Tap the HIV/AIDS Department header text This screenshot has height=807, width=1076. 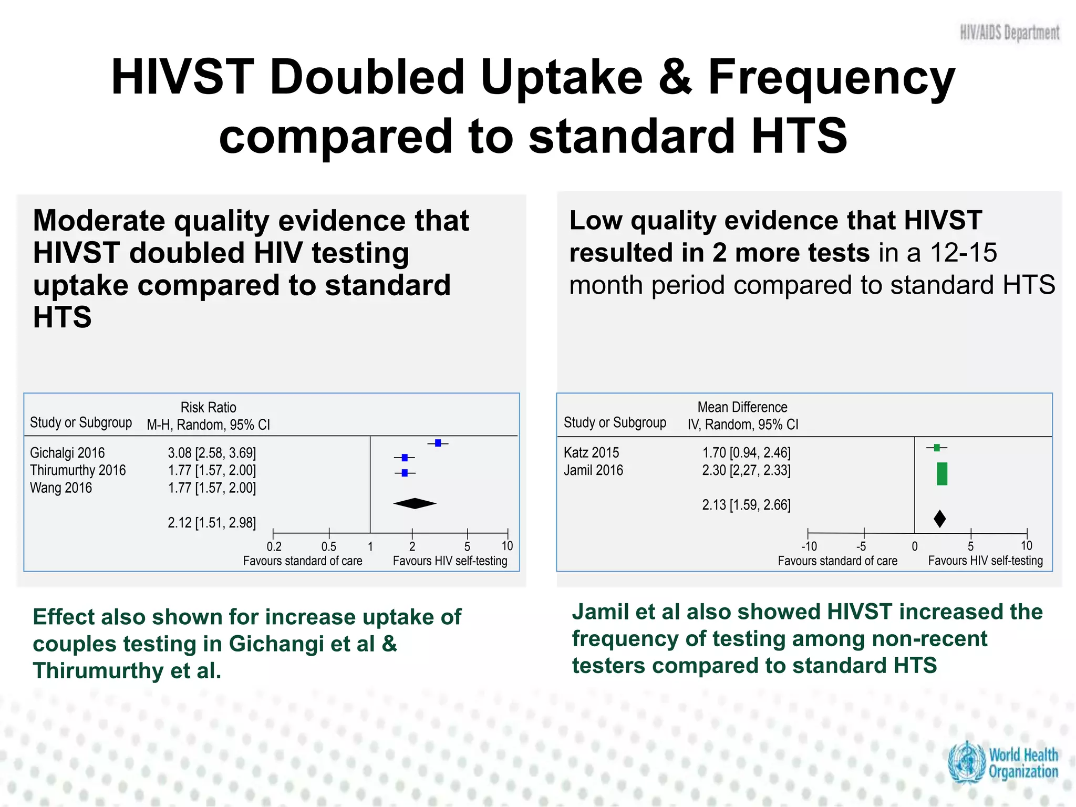pyautogui.click(x=1009, y=33)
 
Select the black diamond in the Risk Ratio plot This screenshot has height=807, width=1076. pyautogui.click(x=415, y=503)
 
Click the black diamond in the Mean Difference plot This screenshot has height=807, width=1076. pyautogui.click(x=940, y=519)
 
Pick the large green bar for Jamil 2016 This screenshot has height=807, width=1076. pyautogui.click(x=942, y=474)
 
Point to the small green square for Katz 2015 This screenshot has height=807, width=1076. pyautogui.click(x=937, y=448)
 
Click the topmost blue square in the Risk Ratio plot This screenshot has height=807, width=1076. pyautogui.click(x=438, y=443)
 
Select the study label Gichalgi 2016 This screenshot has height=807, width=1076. pyautogui.click(x=67, y=453)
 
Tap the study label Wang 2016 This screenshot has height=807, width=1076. pyautogui.click(x=61, y=488)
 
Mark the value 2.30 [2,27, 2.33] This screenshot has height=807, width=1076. pyautogui.click(x=746, y=470)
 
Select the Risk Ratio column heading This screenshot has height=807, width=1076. pyautogui.click(x=208, y=408)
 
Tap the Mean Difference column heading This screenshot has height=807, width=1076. pyautogui.click(x=742, y=408)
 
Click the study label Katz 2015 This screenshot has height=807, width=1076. pyautogui.click(x=591, y=453)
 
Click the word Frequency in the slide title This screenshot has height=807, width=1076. pyautogui.click(x=831, y=77)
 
